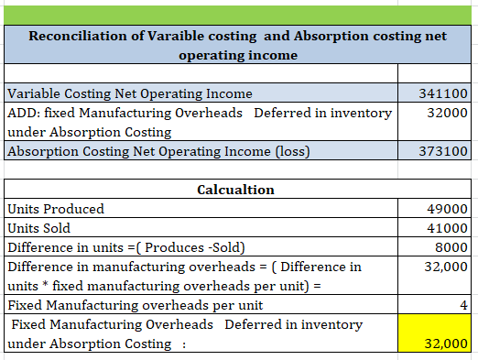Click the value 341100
tap(443, 93)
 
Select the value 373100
tap(443, 151)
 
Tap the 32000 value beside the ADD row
tap(447, 113)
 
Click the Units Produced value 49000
tap(447, 209)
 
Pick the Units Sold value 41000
tap(447, 228)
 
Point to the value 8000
tap(451, 247)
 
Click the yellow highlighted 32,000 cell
tap(434, 333)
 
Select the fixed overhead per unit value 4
tap(463, 305)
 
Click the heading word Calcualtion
tap(235, 190)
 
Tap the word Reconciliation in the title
tap(78, 36)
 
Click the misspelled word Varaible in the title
tap(176, 36)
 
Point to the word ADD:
tap(24, 113)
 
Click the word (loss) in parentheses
tap(293, 151)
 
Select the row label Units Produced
tap(56, 209)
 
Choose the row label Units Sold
tap(38, 228)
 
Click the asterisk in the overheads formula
tap(45, 284)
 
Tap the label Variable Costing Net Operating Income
tap(130, 93)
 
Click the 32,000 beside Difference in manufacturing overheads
tap(446, 267)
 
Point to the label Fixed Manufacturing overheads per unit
tap(136, 305)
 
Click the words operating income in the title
tap(238, 55)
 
